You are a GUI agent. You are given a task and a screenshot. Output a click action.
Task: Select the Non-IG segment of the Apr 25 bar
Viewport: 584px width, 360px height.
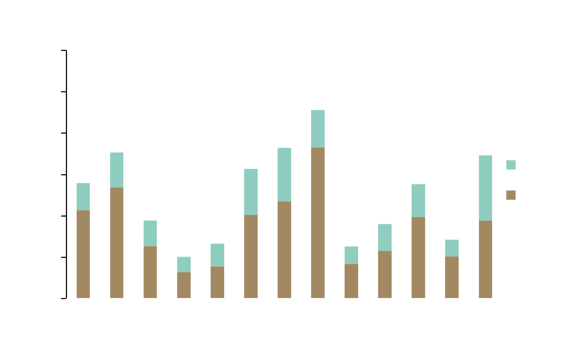pos(318,129)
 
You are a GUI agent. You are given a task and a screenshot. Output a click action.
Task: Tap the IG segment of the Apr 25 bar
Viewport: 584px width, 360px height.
pos(318,223)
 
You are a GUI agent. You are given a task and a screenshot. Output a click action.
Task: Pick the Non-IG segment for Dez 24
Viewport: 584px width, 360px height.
pos(184,265)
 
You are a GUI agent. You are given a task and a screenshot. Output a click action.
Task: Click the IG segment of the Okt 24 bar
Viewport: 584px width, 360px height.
pos(117,242)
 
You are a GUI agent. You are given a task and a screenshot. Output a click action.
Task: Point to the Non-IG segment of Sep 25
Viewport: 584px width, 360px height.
pos(485,188)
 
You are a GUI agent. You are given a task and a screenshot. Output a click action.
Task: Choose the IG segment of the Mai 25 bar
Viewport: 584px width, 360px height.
pos(351,281)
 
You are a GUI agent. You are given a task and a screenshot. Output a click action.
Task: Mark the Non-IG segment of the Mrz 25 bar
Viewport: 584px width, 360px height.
pos(284,174)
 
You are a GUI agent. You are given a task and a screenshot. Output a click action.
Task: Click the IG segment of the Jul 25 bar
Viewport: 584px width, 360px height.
pos(418,257)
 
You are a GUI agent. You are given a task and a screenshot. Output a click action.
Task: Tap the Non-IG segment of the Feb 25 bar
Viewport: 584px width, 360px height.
pos(251,192)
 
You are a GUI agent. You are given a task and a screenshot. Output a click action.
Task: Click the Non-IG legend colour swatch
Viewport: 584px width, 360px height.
pos(511,165)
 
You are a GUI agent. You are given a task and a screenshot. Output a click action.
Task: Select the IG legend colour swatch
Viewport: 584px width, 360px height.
pos(511,195)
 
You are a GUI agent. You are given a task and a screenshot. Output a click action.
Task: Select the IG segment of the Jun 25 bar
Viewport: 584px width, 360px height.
pos(385,274)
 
